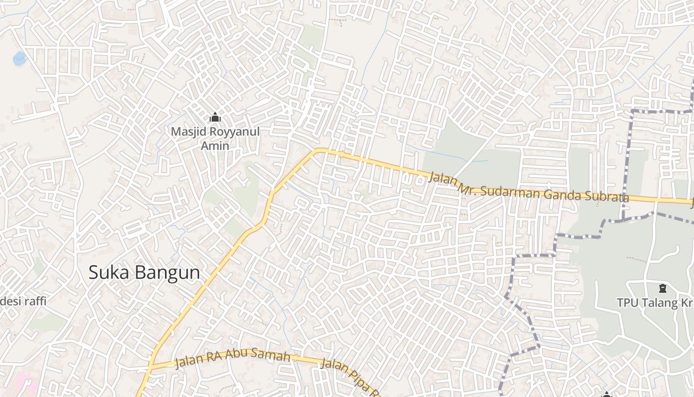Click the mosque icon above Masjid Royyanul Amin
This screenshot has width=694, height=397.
tap(215, 118)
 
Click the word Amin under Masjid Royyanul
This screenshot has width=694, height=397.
tap(215, 145)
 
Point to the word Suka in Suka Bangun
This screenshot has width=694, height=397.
tap(107, 272)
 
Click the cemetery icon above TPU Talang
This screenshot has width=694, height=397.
tap(662, 288)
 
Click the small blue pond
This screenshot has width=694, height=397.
tap(20, 59)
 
